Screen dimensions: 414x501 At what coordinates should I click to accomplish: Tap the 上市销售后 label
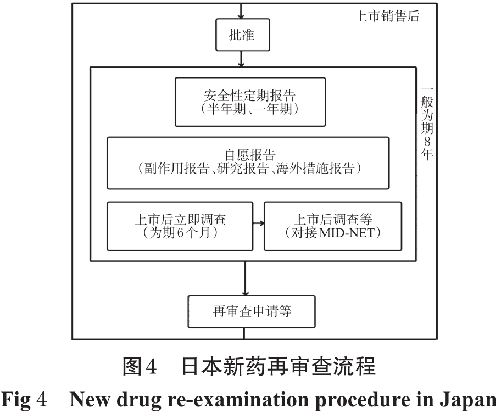click(386, 16)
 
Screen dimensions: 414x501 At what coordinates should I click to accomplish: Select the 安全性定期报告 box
click(250, 102)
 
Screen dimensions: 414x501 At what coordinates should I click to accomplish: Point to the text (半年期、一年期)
click(250, 109)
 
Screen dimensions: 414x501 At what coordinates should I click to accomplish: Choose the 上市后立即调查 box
click(180, 226)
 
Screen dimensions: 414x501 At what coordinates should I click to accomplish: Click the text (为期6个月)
click(180, 233)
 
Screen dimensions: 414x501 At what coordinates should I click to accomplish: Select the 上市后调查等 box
click(333, 226)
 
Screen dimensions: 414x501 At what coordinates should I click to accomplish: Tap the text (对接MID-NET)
click(333, 233)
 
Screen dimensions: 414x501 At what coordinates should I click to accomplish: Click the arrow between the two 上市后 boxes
click(258, 223)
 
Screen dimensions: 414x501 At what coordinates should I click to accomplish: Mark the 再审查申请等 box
click(252, 311)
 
